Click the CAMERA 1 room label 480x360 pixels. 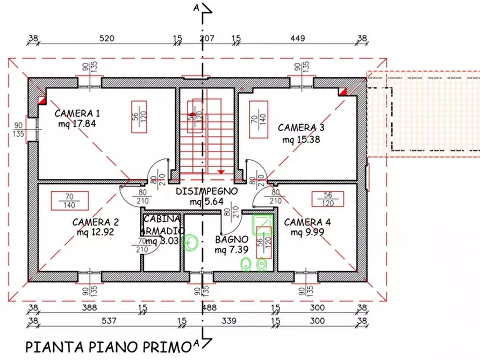pyautogui.click(x=77, y=113)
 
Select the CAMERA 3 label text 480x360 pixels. pyautogui.click(x=301, y=128)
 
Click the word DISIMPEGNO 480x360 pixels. pyautogui.click(x=207, y=191)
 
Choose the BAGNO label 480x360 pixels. pyautogui.click(x=232, y=240)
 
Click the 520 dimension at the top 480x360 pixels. pyautogui.click(x=106, y=38)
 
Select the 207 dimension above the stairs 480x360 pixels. pyautogui.click(x=207, y=38)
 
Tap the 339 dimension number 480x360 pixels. pyautogui.click(x=228, y=321)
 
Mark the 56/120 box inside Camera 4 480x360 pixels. pyautogui.click(x=328, y=199)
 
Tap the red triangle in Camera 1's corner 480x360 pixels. pyautogui.click(x=42, y=99)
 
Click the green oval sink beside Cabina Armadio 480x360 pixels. pyautogui.click(x=192, y=243)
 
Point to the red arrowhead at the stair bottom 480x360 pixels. pyautogui.click(x=220, y=171)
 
